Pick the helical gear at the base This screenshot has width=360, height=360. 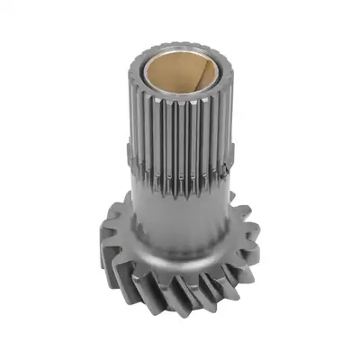tap(180, 270)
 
